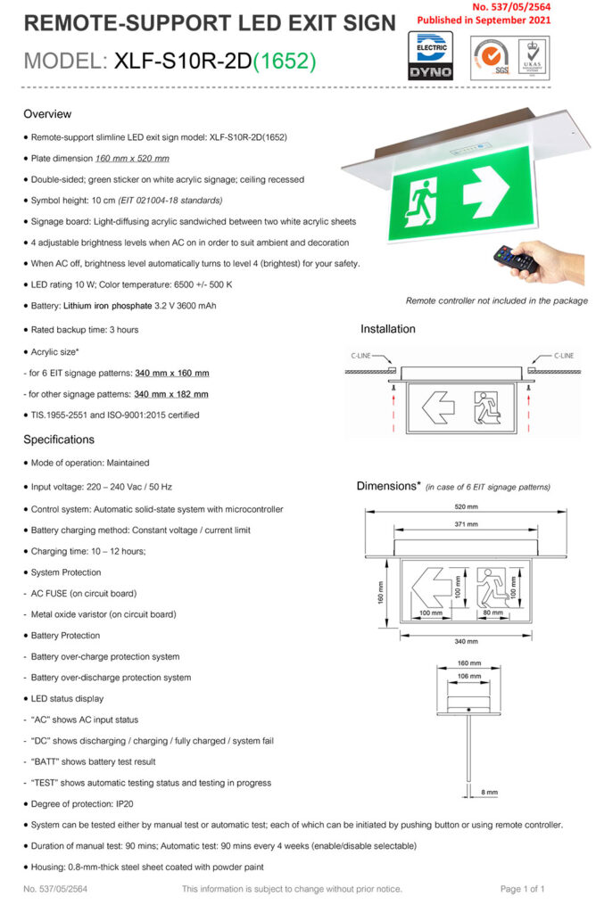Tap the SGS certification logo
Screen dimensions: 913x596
(488, 56)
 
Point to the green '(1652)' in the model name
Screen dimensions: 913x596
(284, 62)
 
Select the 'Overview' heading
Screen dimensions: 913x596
(47, 114)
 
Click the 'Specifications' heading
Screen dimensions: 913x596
(59, 440)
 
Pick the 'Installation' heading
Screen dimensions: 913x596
(387, 329)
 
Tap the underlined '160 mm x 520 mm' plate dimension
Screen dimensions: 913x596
(132, 159)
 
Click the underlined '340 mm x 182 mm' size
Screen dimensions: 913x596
(171, 394)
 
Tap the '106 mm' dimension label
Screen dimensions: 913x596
(468, 676)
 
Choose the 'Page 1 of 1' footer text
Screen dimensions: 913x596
(522, 889)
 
